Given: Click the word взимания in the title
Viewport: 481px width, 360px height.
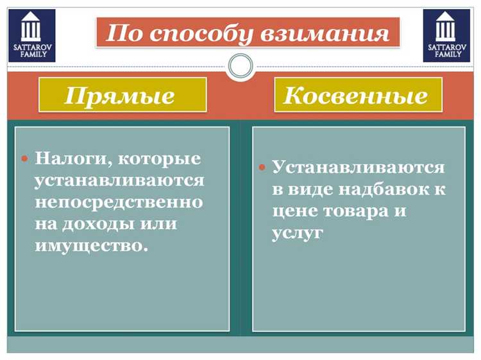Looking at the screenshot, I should point(333,33).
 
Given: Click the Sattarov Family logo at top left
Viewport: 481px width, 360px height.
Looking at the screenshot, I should point(31,35).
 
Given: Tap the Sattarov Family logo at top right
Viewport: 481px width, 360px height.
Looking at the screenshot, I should point(446,35).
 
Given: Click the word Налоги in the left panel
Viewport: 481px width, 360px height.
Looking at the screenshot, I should point(71,158).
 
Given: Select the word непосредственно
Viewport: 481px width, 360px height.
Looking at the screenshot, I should point(119,202).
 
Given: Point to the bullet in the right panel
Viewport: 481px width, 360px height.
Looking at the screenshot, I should point(262,167).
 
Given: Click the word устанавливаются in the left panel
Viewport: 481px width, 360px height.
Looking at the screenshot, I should point(119,180).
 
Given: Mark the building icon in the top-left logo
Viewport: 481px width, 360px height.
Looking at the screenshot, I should point(31,28).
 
